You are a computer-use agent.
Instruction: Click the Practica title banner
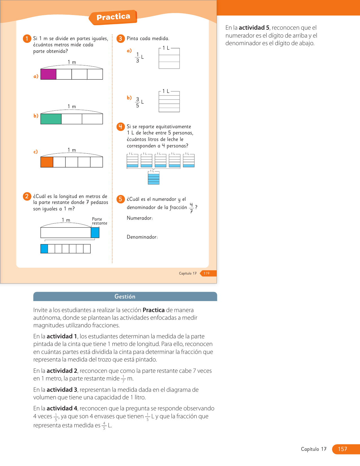(x=113, y=17)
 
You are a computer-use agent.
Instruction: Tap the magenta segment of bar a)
(x=49, y=74)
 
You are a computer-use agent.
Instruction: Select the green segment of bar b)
(x=51, y=119)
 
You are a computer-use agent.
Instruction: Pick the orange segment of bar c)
(x=47, y=162)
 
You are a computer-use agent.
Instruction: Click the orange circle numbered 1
(x=27, y=39)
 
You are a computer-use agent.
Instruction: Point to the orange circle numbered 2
(x=27, y=196)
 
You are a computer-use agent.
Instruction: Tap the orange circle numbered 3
(x=121, y=39)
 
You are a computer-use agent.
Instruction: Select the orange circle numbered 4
(x=121, y=127)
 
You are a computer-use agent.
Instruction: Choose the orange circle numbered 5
(x=121, y=199)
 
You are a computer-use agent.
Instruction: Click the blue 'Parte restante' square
(x=95, y=232)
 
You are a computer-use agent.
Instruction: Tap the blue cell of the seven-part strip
(x=44, y=249)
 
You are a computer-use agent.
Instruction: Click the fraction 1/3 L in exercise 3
(x=139, y=57)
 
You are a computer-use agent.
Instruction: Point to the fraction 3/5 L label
(x=139, y=102)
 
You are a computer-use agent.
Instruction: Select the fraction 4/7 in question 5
(x=191, y=208)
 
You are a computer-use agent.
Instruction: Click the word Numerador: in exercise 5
(x=140, y=218)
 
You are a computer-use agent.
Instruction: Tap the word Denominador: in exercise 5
(x=142, y=237)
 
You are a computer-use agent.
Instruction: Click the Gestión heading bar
(x=125, y=296)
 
